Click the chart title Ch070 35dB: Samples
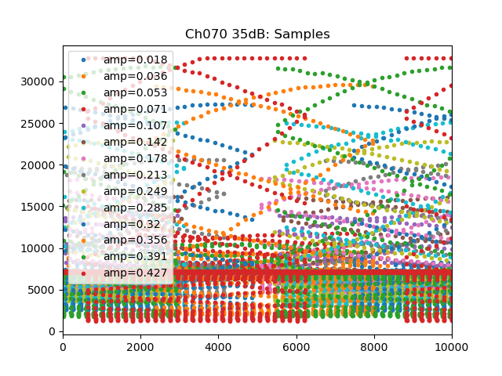(257, 34)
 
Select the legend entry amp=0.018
(135, 60)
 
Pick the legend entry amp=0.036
(135, 76)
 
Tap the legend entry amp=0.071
(135, 109)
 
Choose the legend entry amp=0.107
(135, 125)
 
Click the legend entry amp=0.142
(135, 142)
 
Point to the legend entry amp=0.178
(135, 158)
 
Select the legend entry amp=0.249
(135, 191)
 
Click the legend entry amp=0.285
(135, 208)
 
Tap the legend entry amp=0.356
(135, 240)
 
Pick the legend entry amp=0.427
(135, 273)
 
